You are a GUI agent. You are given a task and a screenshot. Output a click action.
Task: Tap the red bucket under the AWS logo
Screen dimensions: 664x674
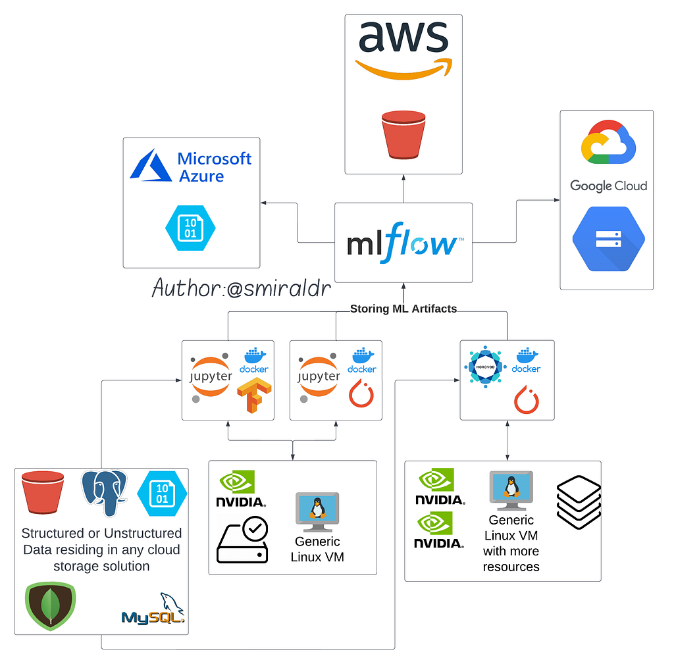(x=403, y=134)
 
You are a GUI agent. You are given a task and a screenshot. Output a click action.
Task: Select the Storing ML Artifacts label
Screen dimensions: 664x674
(x=403, y=309)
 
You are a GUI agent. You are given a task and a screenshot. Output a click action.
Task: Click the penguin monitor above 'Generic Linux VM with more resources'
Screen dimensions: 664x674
(x=511, y=491)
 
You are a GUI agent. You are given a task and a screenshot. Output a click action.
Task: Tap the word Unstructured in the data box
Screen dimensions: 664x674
(x=142, y=533)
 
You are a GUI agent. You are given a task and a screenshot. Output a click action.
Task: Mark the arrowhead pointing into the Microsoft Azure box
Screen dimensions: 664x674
(x=264, y=203)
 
